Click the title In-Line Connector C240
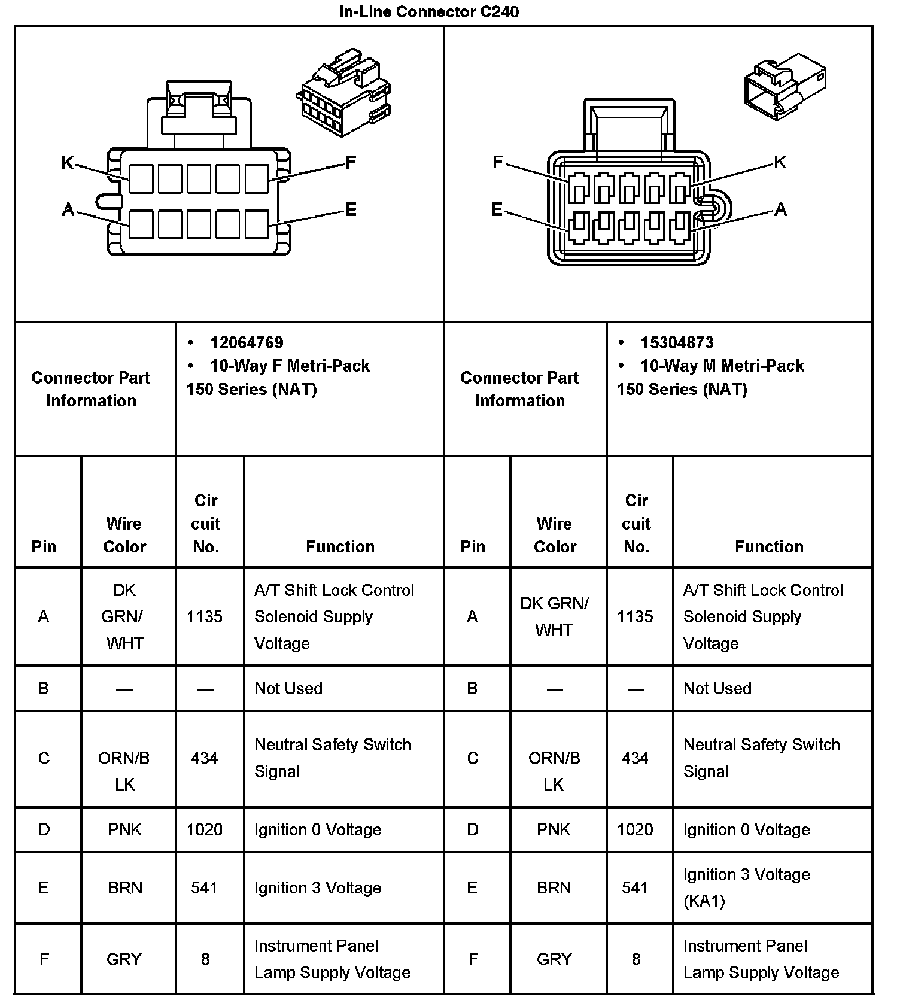428,11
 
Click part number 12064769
247,342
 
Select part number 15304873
677,342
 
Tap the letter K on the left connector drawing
68,162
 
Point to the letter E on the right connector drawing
497,209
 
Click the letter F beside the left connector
351,162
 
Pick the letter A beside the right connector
780,209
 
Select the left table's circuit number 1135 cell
205,616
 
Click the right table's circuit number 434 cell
635,758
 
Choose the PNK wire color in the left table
124,829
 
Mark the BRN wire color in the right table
554,887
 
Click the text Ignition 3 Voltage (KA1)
746,887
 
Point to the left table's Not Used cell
288,688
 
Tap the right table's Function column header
769,546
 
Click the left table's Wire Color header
124,535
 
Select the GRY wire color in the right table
554,959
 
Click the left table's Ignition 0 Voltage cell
317,829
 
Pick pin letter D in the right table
473,829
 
